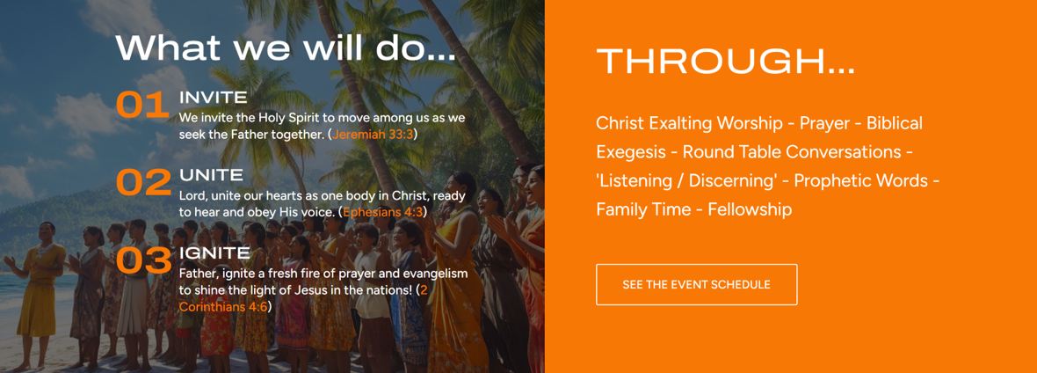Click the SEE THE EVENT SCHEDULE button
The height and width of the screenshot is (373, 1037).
[x=696, y=284]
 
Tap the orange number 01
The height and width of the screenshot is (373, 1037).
[x=142, y=106]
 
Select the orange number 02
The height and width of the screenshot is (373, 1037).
[x=143, y=183]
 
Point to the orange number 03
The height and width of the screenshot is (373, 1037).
[x=143, y=260]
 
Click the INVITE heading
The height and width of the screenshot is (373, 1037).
[x=213, y=98]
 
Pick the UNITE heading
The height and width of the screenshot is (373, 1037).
[x=211, y=176]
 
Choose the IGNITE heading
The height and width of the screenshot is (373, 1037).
[x=214, y=253]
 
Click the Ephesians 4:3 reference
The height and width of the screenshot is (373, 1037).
[x=382, y=213]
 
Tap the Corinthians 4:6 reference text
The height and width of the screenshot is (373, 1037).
[x=222, y=307]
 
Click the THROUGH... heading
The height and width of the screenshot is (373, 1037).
[x=726, y=62]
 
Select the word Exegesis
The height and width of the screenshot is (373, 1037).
[x=631, y=152]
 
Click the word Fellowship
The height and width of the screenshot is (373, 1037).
[x=750, y=210]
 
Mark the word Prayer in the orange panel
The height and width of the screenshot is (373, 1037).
[x=824, y=124]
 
